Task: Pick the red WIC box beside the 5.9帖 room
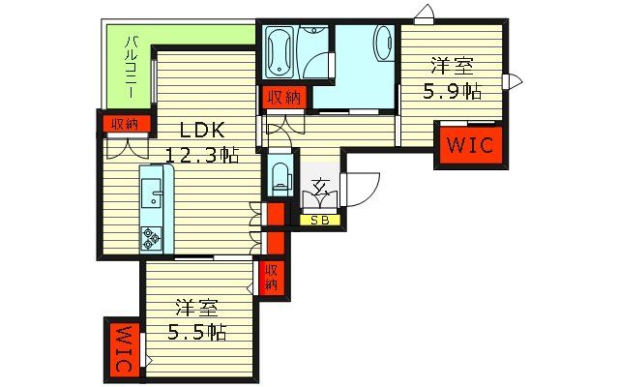pyautogui.click(x=469, y=146)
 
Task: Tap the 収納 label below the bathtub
pyautogui.click(x=283, y=97)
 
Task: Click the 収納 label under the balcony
pyautogui.click(x=123, y=124)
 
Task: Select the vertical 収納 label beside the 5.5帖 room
pyautogui.click(x=273, y=278)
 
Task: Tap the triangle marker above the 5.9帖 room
pyautogui.click(x=423, y=15)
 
